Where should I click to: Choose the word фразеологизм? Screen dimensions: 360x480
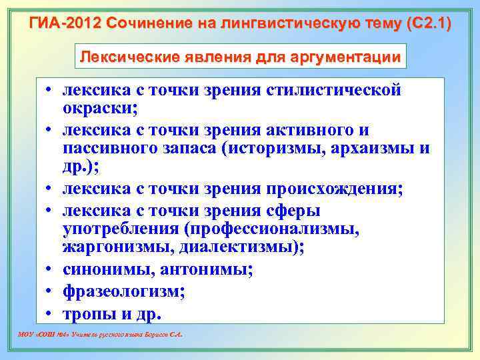123,291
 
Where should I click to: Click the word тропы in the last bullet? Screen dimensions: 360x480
87,313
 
